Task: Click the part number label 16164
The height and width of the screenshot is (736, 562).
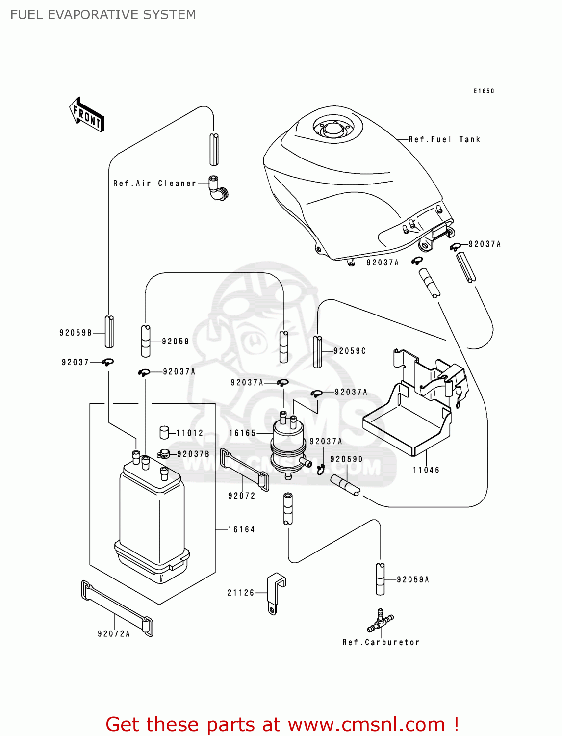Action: coord(241,529)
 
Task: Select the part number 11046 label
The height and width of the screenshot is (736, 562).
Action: coord(426,470)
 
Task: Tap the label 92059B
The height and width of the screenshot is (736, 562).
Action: coord(76,333)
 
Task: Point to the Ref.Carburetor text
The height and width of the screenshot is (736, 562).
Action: coord(381,642)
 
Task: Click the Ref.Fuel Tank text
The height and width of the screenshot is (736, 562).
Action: coord(444,139)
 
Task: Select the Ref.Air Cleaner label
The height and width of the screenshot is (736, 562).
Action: coord(154,183)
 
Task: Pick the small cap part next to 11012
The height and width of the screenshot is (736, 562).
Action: coord(164,432)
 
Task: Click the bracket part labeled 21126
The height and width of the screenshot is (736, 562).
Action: coord(275,592)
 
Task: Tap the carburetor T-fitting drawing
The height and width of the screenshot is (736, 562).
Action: coord(380,621)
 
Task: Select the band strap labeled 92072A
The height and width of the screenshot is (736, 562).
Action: coord(117,608)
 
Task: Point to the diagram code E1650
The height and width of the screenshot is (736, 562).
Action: coord(484,91)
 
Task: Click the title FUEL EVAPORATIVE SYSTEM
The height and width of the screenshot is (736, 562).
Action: coord(103,15)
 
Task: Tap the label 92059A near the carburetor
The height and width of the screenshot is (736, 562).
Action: coord(413,579)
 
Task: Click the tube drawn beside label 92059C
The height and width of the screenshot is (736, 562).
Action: coord(317,351)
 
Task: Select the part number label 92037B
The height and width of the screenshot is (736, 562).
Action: coord(193,454)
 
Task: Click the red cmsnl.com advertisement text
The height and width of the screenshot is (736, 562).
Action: coord(282,724)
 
